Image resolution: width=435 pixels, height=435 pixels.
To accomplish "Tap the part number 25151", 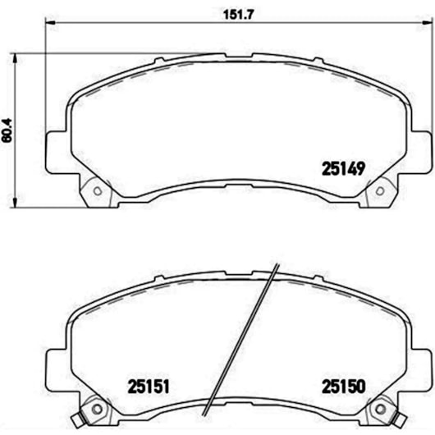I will coord(147,385).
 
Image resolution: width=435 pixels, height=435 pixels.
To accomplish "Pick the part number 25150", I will coord(341,385).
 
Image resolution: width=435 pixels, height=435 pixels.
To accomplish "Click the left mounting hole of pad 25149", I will coord(98,193).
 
